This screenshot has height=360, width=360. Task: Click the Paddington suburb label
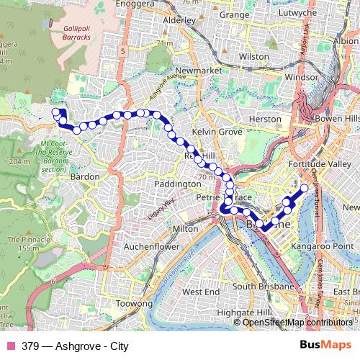click(176, 184)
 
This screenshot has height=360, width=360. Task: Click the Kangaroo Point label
click(318, 246)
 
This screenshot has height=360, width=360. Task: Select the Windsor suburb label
click(302, 75)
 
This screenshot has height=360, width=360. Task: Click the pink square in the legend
click(10, 345)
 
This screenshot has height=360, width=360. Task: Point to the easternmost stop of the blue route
click(304, 188)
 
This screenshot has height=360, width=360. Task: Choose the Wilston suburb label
click(253, 55)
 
